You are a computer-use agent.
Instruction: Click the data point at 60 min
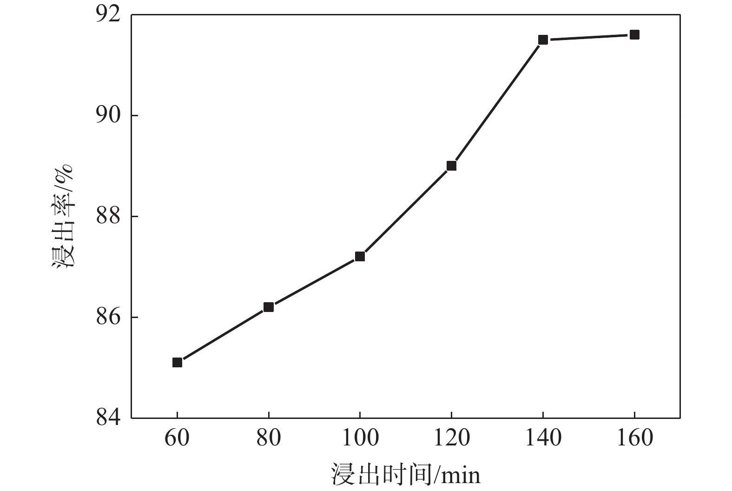click(177, 362)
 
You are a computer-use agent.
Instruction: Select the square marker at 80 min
click(268, 307)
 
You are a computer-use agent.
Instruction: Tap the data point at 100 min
click(360, 256)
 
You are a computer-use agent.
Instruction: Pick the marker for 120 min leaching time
click(451, 166)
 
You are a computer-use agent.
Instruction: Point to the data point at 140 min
click(543, 40)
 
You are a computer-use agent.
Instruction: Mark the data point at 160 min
click(634, 34)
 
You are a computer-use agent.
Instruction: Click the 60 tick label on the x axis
click(177, 438)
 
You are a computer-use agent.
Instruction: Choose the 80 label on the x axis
click(268, 438)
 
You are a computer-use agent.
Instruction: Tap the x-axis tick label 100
click(360, 438)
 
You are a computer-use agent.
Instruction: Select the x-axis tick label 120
click(451, 438)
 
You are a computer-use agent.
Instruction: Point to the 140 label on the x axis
click(543, 438)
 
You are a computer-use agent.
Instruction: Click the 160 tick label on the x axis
click(634, 438)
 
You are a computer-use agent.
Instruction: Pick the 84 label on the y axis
click(108, 417)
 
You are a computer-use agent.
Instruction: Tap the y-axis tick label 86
click(108, 318)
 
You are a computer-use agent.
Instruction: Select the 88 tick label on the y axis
click(108, 217)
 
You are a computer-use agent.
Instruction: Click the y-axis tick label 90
click(108, 116)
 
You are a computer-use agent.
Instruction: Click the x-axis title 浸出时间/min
click(405, 475)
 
